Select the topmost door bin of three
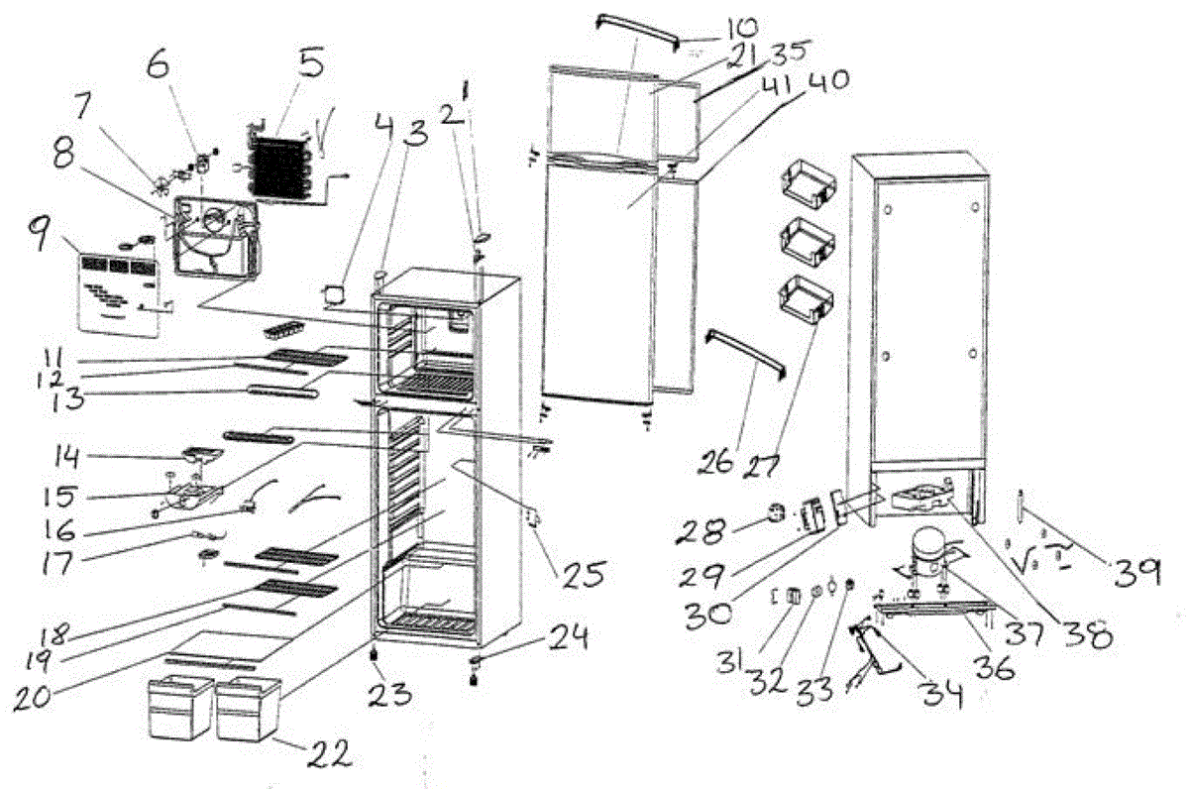point(809,185)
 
